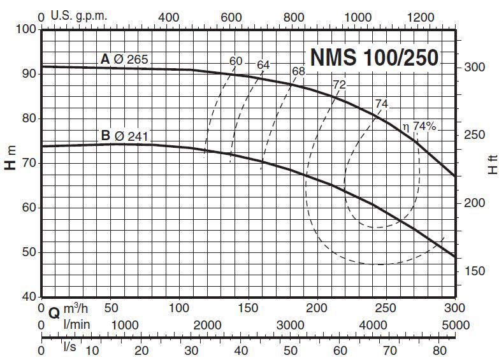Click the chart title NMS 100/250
pyautogui.click(x=374, y=57)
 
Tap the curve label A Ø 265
pyautogui.click(x=124, y=59)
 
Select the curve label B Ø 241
pyautogui.click(x=124, y=135)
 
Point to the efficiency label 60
pyautogui.click(x=236, y=61)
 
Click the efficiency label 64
pyautogui.click(x=264, y=65)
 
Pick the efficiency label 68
pyautogui.click(x=298, y=71)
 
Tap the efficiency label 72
pyautogui.click(x=339, y=83)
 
